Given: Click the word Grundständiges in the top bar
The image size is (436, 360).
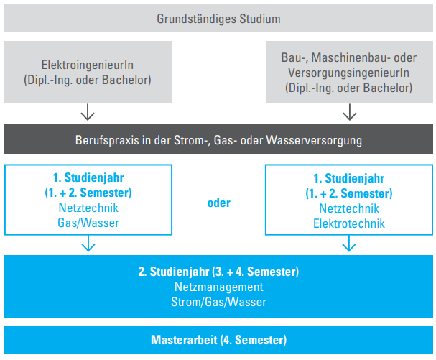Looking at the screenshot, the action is click(197, 19).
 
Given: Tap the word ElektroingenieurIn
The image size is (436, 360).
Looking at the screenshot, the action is click(88, 65).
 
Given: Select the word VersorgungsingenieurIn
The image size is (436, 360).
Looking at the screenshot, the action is click(348, 73).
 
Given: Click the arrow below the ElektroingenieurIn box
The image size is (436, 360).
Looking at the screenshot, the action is click(88, 112).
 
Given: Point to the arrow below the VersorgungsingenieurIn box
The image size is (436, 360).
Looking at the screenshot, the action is click(350, 112).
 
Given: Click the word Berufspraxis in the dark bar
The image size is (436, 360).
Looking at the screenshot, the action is click(107, 140).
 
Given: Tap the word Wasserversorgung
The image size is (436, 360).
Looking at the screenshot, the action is click(314, 140).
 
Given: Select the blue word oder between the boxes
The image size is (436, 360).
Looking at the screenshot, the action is click(219, 203).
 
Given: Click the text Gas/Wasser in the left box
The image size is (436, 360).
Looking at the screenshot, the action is click(88, 223).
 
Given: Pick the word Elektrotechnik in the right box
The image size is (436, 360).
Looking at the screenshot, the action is click(349, 223).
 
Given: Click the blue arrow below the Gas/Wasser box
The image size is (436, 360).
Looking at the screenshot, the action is click(88, 244).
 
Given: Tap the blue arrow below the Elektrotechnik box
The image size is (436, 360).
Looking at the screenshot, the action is click(349, 244).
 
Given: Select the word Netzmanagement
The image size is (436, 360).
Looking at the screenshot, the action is click(219, 287).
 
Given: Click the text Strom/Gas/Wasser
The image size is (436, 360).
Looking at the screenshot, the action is click(219, 302).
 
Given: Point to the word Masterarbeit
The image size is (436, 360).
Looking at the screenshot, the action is click(184, 340).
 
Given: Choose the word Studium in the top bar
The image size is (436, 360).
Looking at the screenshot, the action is click(260, 19).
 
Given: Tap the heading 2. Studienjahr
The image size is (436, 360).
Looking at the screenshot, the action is click(174, 272).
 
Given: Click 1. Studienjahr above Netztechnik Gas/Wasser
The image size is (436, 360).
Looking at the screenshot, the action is click(88, 177).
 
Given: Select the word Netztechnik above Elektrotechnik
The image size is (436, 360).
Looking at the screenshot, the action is click(349, 208).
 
